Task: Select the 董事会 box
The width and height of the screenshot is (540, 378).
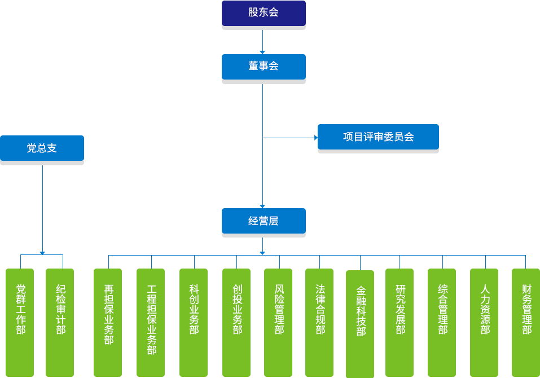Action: point(263,66)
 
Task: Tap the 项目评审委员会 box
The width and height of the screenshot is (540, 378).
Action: point(377,137)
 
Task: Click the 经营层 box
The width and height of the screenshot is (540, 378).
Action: point(263,221)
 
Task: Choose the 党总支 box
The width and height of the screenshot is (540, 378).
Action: point(42,148)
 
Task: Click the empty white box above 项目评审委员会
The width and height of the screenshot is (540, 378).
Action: point(377,104)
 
